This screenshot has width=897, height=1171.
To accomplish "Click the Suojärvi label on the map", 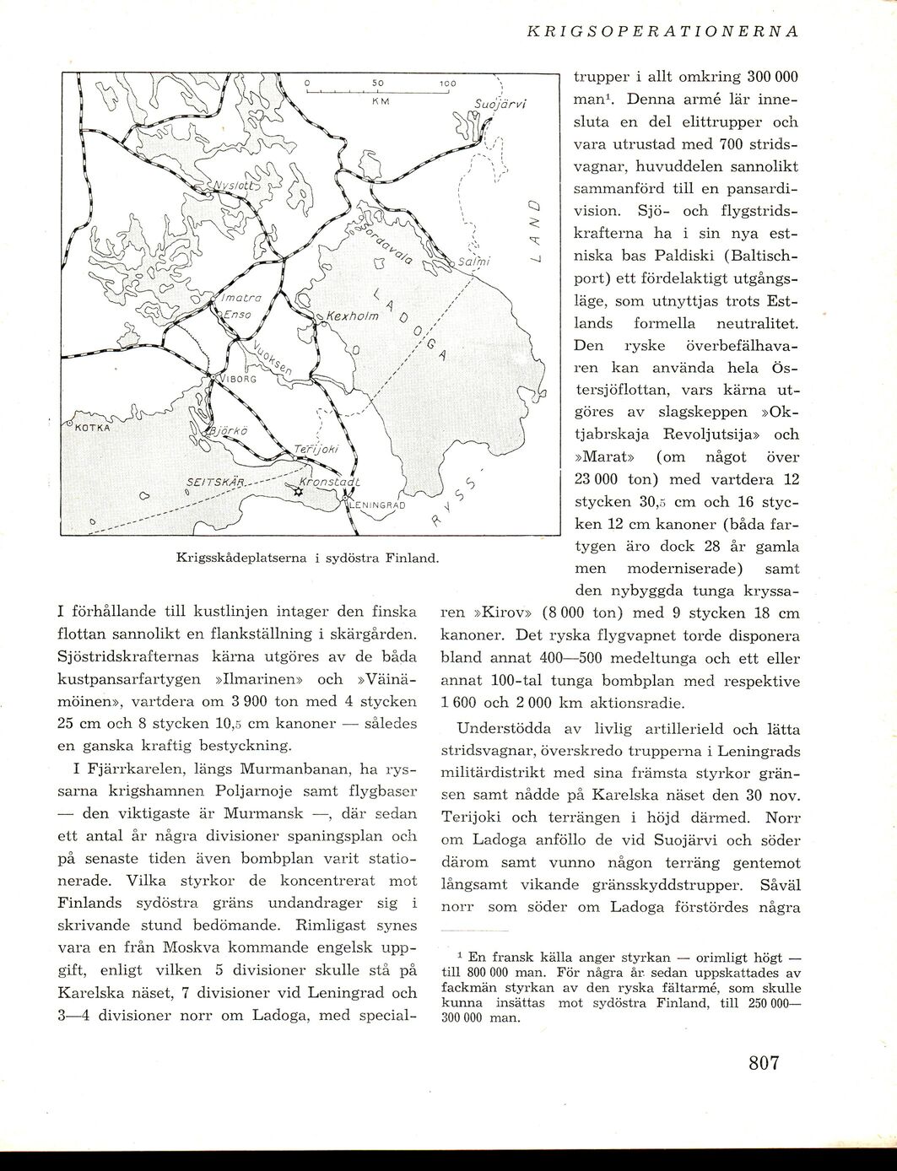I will coord(500,105).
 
